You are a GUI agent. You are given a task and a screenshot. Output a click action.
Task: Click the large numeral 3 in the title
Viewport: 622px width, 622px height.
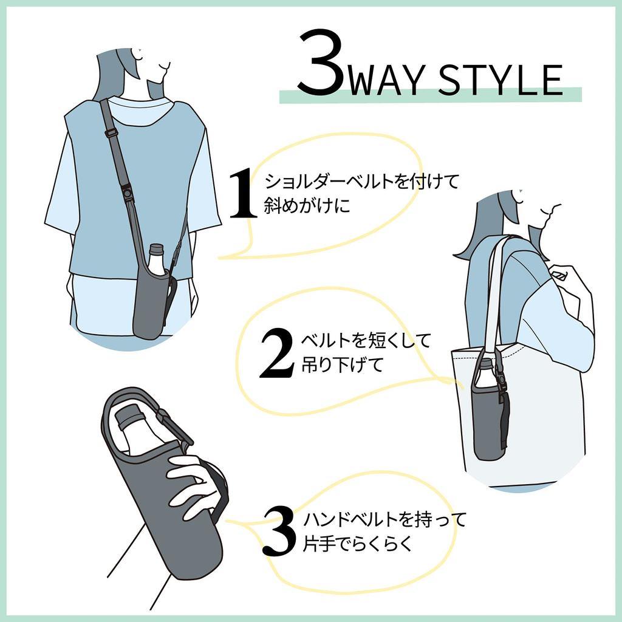(320, 66)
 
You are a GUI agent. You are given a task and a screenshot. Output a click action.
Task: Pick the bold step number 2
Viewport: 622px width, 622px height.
(276, 354)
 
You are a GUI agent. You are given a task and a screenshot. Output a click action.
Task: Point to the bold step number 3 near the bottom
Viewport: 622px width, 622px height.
(279, 531)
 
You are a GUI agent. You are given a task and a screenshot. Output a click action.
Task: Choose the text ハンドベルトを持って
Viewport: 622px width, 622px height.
(384, 520)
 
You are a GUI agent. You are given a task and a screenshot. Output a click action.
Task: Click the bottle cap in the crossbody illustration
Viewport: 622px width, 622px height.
(157, 249)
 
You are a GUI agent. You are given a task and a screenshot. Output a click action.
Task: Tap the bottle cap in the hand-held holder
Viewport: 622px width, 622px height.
(128, 417)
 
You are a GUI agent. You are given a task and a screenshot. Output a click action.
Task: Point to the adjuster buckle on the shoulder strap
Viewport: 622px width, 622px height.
(109, 131)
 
